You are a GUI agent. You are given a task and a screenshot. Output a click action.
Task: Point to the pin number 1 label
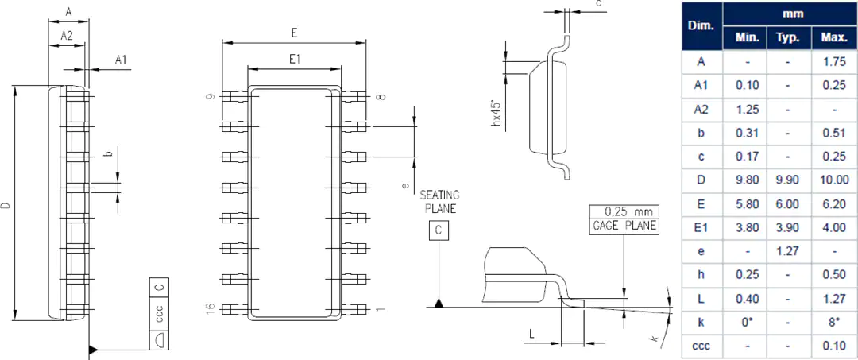click(381, 310)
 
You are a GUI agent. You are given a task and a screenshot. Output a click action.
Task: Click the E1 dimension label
click(295, 59)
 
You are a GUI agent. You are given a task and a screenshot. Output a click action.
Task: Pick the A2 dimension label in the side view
click(67, 36)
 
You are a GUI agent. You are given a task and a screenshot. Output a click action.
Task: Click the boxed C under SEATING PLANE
click(439, 231)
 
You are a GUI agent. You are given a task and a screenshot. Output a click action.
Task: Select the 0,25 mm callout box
click(624, 212)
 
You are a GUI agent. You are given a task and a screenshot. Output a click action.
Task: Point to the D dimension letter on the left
click(6, 206)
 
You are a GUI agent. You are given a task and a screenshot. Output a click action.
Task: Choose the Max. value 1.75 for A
click(834, 62)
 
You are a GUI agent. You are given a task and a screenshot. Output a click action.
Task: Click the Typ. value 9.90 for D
click(788, 180)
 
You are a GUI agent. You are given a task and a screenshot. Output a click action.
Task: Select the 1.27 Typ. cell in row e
click(788, 251)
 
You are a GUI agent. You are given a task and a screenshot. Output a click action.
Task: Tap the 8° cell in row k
click(834, 322)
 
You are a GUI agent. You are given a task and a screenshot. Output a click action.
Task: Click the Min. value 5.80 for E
click(747, 204)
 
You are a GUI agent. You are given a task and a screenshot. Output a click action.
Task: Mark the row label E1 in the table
click(701, 227)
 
